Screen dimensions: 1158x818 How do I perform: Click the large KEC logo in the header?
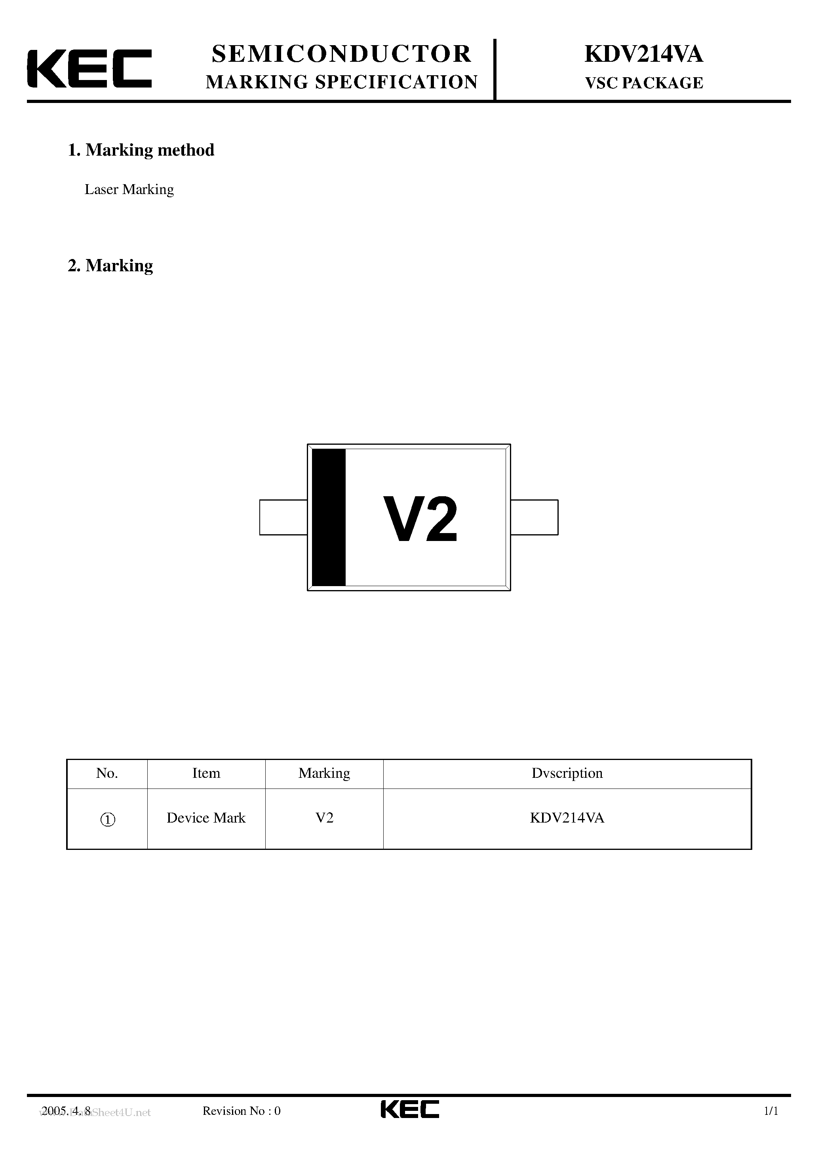89,69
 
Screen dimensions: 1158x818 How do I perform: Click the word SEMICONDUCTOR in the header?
341,54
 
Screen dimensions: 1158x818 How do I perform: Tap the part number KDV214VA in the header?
643,54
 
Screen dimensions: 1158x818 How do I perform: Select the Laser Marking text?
129,189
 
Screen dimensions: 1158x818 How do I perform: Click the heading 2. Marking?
110,265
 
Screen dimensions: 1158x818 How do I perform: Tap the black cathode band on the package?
329,517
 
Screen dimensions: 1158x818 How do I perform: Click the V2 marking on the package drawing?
420,520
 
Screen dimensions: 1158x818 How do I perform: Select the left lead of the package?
283,517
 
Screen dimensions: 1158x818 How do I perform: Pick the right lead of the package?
535,517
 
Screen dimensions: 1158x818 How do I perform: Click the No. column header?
107,773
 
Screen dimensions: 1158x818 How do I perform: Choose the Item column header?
206,773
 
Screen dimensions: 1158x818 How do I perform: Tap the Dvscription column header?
567,773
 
